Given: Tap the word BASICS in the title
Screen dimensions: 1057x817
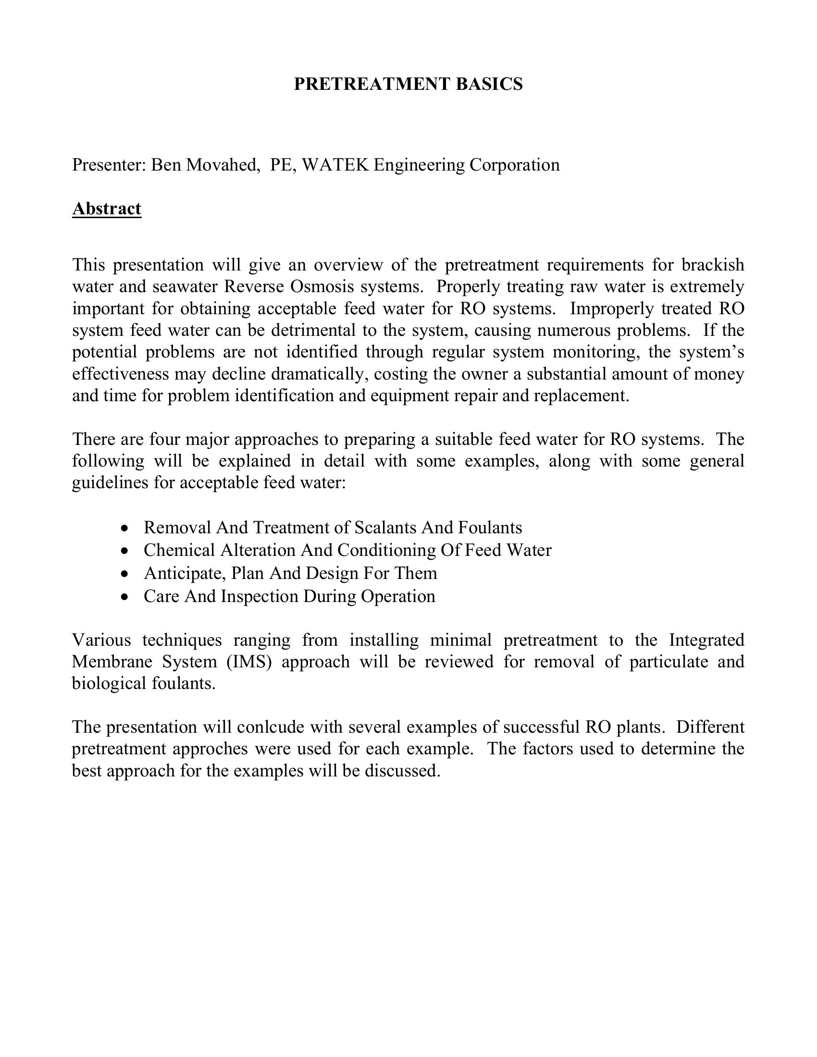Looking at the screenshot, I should point(489,84).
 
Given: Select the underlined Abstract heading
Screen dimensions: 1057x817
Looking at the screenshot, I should point(107,209).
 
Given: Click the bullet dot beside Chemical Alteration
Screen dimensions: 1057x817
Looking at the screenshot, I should point(125,551).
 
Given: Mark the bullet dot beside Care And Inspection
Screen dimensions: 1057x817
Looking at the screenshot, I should point(125,597).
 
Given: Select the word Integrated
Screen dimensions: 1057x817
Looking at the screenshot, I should point(706,640).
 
